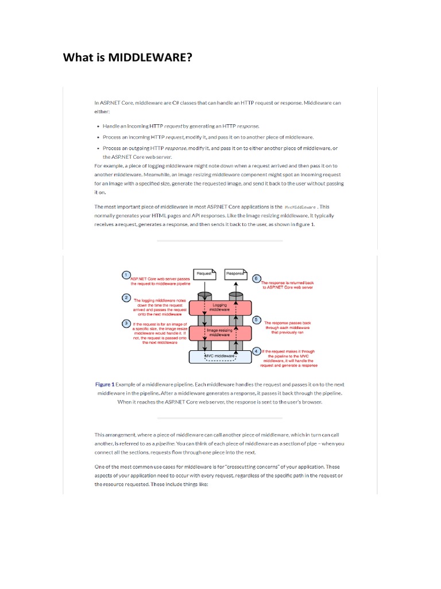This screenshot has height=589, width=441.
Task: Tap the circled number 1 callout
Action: [x=125, y=275]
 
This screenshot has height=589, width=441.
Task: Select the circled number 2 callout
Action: [x=125, y=297]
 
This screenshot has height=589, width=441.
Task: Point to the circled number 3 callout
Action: [x=126, y=323]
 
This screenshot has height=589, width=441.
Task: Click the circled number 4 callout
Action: [x=256, y=351]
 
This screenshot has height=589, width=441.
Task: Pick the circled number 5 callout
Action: [x=257, y=320]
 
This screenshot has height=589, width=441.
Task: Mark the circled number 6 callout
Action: [x=256, y=278]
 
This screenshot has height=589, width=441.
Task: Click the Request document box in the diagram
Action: [x=204, y=274]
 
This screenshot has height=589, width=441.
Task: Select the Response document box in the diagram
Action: [x=235, y=274]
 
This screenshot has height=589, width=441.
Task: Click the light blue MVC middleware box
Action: [x=220, y=357]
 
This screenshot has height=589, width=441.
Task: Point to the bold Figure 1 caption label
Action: [x=105, y=384]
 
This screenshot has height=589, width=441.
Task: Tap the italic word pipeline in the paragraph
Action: [x=166, y=443]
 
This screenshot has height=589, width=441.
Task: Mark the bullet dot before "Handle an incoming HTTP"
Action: [x=99, y=125]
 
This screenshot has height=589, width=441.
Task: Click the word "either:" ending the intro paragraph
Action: [x=102, y=112]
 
